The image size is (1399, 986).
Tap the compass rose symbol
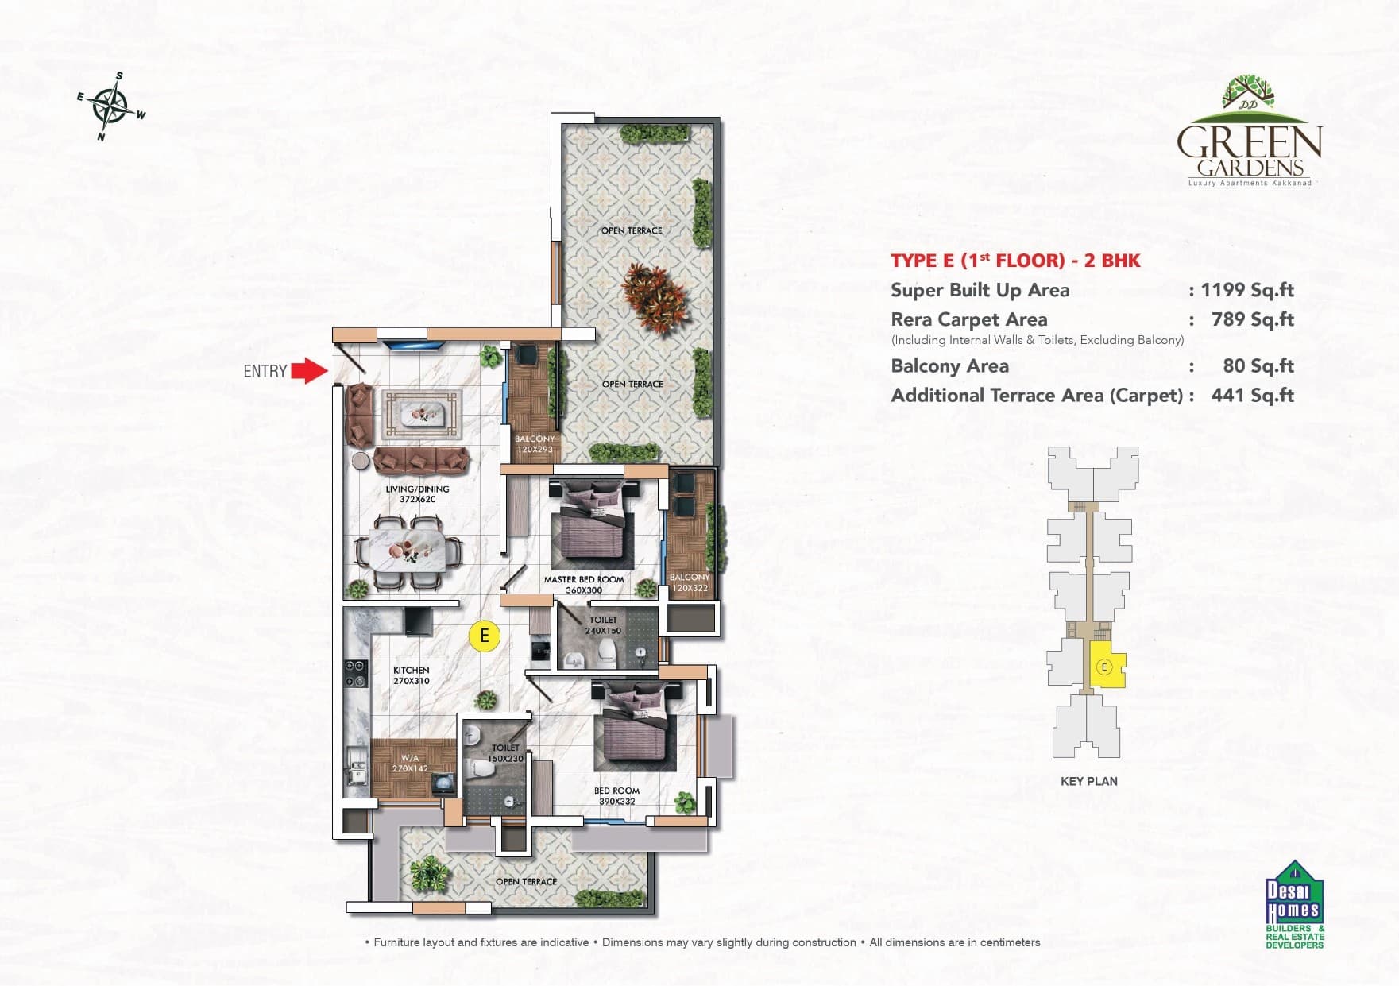click(110, 106)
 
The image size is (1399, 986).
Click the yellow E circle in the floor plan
click(484, 636)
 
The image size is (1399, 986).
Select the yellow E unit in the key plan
click(1106, 667)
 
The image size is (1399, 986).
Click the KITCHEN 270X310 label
click(411, 675)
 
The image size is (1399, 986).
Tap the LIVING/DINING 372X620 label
click(417, 494)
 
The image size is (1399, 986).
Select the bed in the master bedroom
click(592, 524)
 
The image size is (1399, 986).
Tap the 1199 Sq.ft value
click(1247, 290)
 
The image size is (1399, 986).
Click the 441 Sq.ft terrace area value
click(1252, 395)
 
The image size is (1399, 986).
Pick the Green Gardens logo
click(1249, 132)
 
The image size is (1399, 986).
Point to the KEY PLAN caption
click(1088, 781)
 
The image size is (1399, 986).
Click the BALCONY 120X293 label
click(535, 444)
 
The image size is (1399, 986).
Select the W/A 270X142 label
click(410, 764)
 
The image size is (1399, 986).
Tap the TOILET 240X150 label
click(603, 625)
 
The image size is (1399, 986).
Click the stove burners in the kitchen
click(355, 673)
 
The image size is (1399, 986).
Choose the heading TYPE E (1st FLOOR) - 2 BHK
click(1015, 261)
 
